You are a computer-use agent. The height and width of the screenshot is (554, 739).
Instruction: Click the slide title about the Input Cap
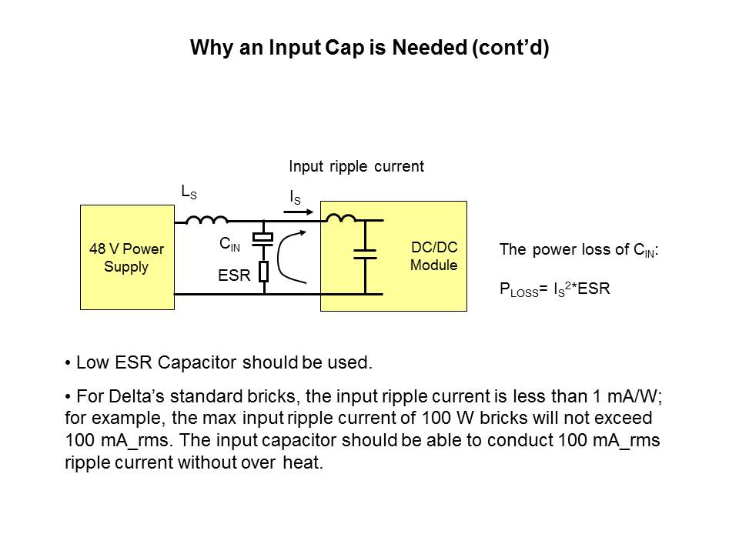[x=369, y=48]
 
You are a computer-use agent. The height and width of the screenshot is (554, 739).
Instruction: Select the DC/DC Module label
[x=433, y=258]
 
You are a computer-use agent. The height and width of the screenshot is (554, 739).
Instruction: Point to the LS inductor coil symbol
[x=207, y=220]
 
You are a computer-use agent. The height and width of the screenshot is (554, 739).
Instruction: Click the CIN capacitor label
[x=229, y=245]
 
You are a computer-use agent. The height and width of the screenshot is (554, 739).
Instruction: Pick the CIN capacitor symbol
[x=263, y=240]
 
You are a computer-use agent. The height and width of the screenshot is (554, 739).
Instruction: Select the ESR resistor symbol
[x=263, y=272]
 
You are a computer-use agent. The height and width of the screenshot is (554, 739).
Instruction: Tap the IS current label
[x=295, y=198]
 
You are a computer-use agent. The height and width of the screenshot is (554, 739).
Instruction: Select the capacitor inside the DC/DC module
[x=364, y=254]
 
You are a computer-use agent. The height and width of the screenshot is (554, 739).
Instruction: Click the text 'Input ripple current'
[x=356, y=166]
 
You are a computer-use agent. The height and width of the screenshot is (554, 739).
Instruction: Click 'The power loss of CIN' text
[x=577, y=250]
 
